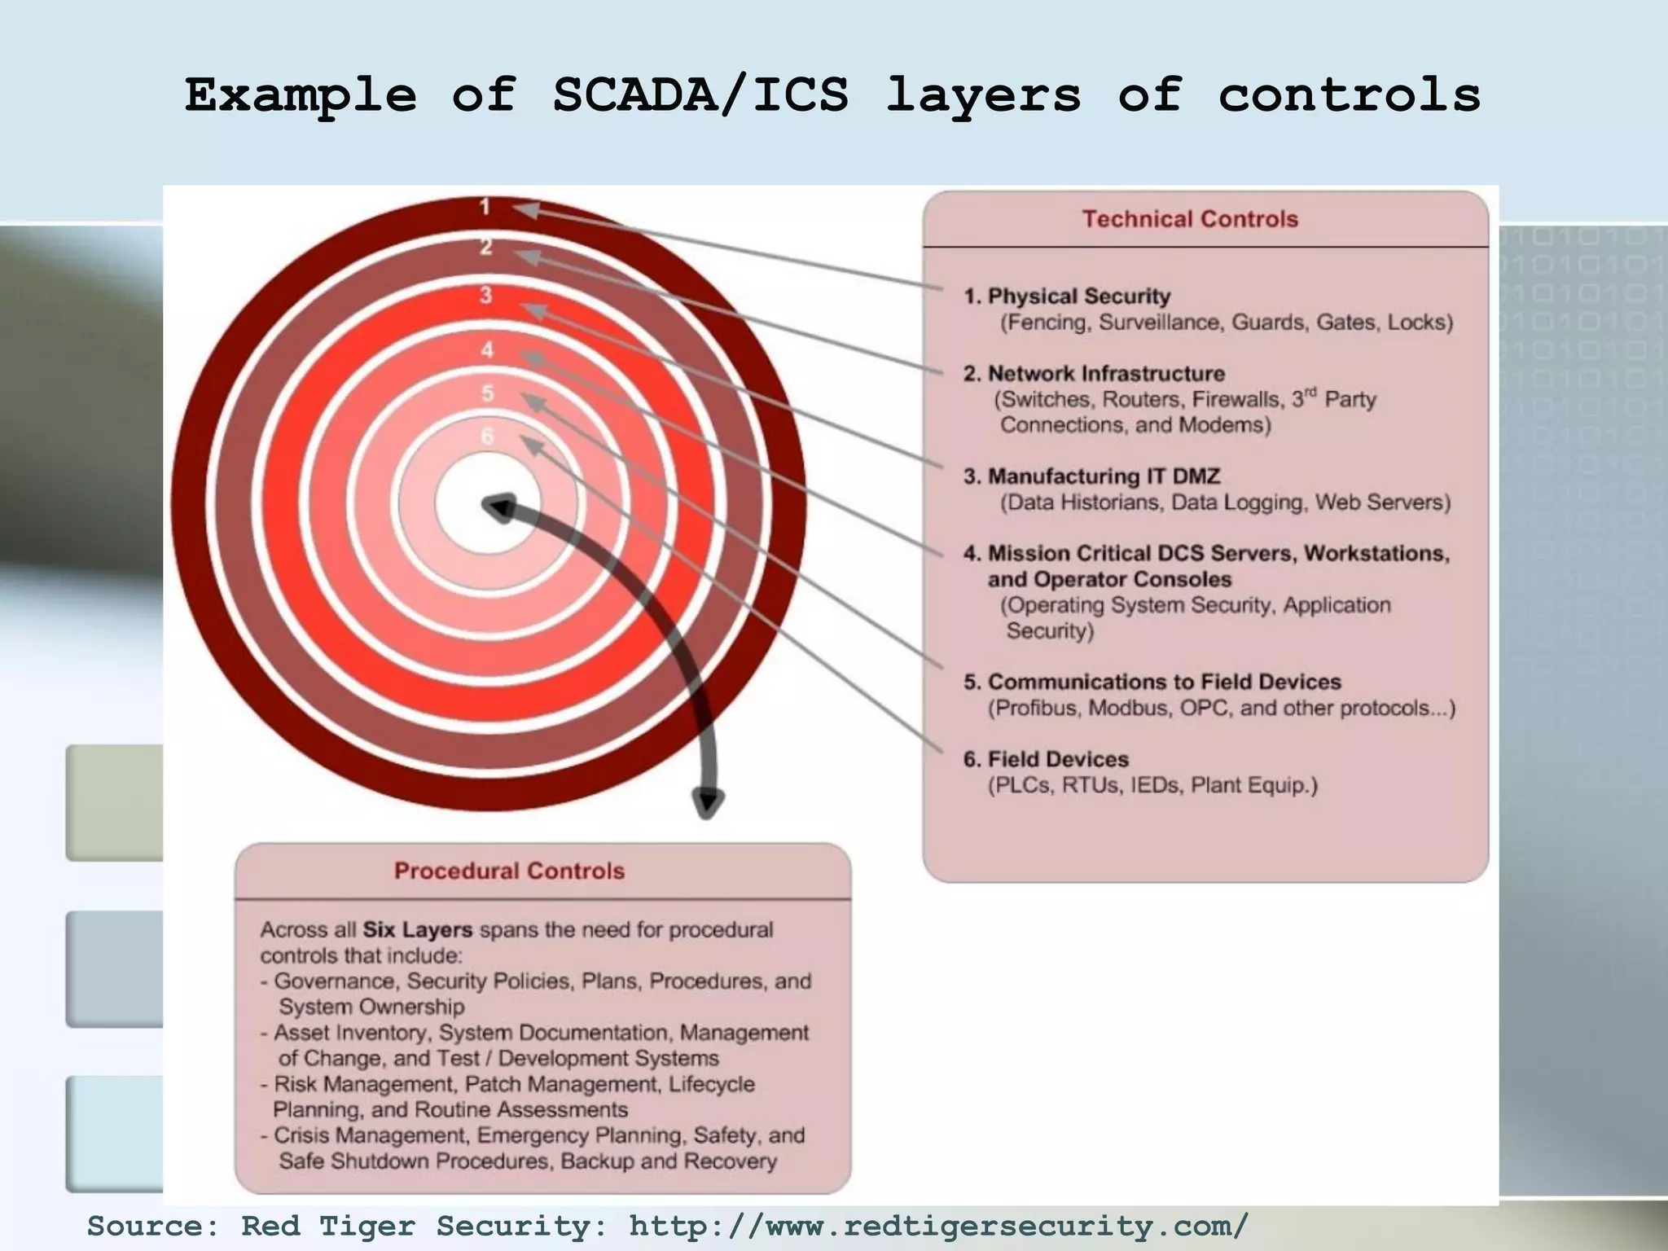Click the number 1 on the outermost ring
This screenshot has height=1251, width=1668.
click(485, 207)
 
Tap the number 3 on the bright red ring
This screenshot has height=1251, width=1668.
click(486, 294)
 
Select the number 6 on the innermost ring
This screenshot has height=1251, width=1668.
click(487, 437)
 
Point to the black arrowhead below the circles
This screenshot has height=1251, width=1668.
click(707, 802)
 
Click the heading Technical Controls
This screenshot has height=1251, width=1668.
click(1190, 219)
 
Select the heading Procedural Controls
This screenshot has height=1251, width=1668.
click(509, 871)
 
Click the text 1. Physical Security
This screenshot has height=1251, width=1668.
click(1067, 296)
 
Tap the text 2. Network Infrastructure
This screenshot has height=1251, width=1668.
click(1094, 374)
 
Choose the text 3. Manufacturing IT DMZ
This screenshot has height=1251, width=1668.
click(1091, 476)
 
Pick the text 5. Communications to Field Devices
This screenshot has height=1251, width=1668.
click(1152, 682)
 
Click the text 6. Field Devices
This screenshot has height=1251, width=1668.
click(1046, 759)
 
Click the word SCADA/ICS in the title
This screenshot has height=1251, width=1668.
click(700, 94)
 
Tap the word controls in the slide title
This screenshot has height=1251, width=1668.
click(1349, 94)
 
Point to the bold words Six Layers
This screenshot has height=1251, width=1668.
click(418, 929)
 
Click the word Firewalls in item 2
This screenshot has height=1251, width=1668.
click(1236, 399)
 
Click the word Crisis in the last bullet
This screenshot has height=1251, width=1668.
click(301, 1135)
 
